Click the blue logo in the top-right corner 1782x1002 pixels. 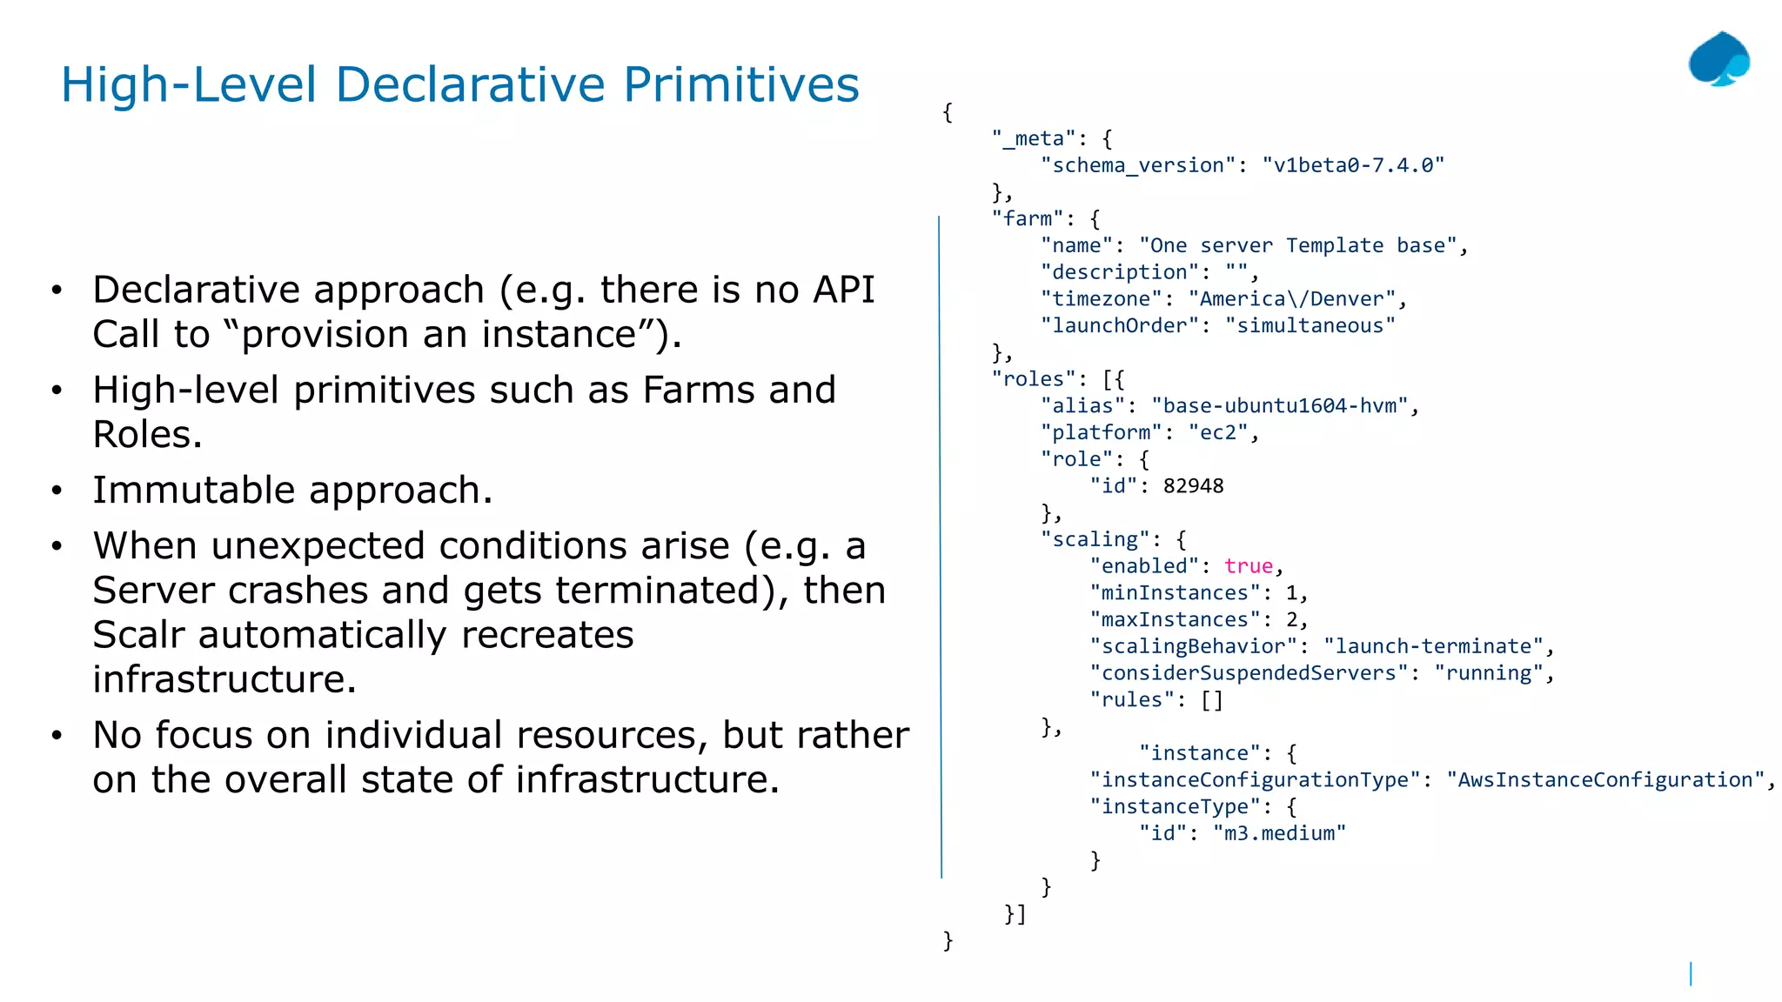1718,60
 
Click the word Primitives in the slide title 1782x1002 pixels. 740,85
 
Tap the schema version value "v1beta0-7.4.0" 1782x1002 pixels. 1353,165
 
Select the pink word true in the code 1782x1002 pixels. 1248,566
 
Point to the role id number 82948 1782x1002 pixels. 1193,486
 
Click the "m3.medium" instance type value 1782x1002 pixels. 1279,833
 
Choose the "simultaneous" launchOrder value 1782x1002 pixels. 1310,326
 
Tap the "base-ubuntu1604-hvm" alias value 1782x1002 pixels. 1279,406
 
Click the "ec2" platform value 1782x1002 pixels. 1218,433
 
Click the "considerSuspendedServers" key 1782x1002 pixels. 1249,673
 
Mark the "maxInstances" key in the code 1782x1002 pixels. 1175,620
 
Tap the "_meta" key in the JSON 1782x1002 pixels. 1034,139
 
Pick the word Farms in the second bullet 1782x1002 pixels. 699,391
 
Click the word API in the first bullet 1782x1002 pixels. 842,291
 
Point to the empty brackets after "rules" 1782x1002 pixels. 1212,700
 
